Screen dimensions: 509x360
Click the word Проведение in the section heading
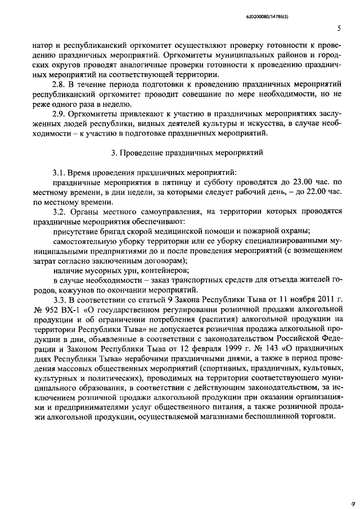pos(142,152)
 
